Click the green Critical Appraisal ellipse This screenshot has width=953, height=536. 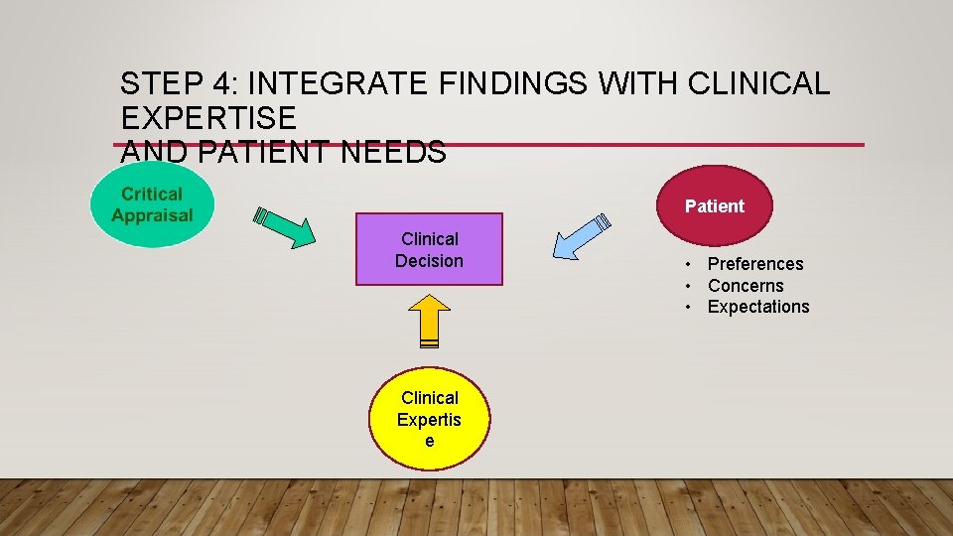[x=152, y=205]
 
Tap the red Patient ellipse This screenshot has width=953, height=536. [x=714, y=206]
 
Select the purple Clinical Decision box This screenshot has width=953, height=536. [x=429, y=249]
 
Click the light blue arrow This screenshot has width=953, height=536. [x=581, y=236]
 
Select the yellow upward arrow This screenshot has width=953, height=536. [x=429, y=322]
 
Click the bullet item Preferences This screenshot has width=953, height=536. [x=754, y=264]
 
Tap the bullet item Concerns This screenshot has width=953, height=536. [x=745, y=286]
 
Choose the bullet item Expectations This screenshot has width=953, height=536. [x=757, y=307]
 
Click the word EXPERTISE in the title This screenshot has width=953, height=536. [x=208, y=118]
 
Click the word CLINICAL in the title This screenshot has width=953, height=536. [x=764, y=84]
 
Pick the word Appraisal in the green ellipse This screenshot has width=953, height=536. [x=152, y=215]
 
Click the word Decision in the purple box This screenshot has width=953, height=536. [x=429, y=261]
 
